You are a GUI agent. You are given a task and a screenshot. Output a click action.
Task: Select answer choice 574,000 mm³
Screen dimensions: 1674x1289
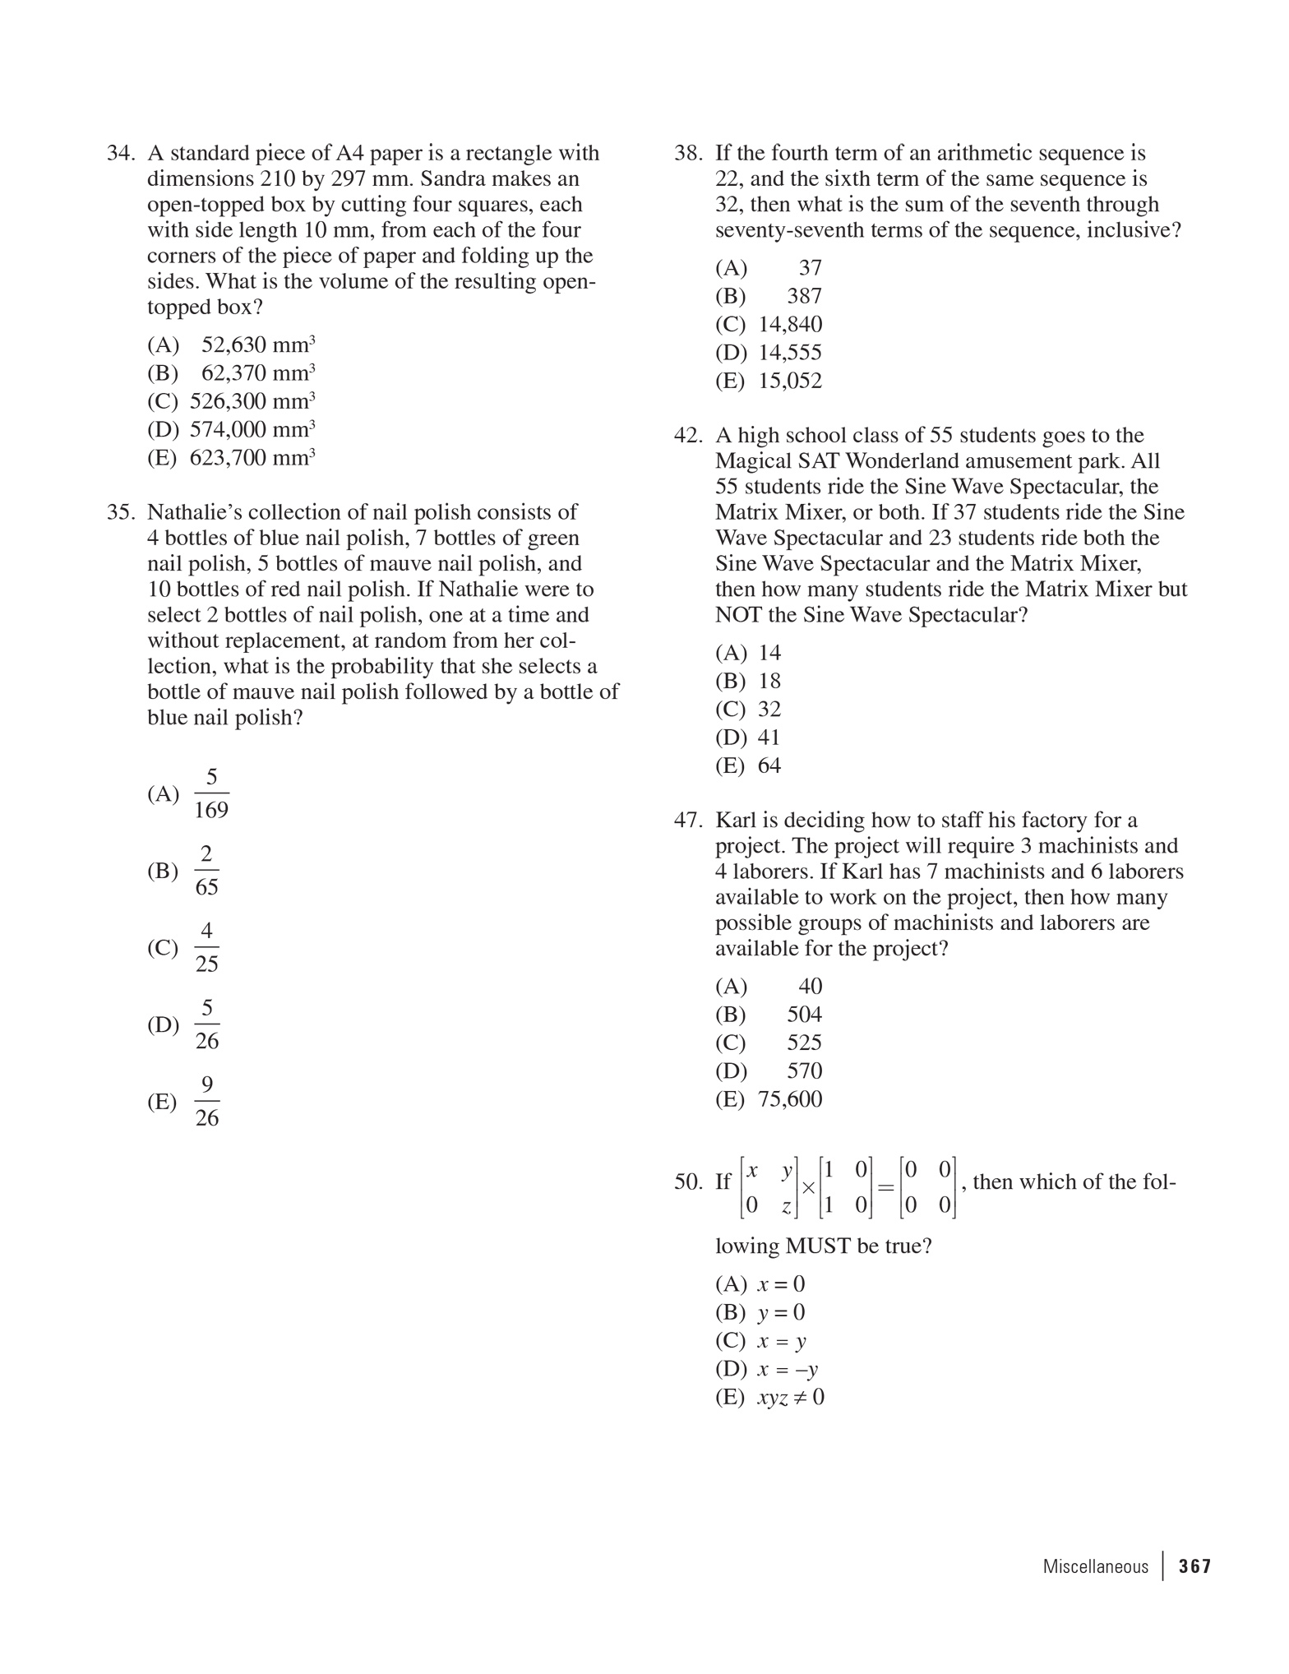tap(252, 429)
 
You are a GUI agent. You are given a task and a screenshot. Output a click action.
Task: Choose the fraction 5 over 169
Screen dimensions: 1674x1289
tap(211, 794)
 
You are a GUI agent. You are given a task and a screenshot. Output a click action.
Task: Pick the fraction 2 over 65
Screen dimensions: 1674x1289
tap(207, 871)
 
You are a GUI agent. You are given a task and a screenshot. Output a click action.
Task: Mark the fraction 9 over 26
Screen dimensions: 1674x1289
tap(207, 1102)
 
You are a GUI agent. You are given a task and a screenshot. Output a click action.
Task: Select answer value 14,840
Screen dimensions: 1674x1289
tap(789, 325)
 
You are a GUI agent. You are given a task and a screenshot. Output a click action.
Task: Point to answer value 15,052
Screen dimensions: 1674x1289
tap(789, 382)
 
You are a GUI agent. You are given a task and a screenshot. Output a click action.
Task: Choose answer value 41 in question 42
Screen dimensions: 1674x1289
tap(769, 738)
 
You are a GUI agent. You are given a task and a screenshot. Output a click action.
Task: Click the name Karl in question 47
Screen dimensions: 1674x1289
tap(736, 821)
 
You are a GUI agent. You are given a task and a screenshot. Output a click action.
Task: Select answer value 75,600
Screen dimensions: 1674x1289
tap(789, 1099)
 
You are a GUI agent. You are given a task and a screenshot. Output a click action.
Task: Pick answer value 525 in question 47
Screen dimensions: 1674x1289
tap(804, 1043)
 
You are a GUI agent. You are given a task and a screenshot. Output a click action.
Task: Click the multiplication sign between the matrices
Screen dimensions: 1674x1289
tap(808, 1188)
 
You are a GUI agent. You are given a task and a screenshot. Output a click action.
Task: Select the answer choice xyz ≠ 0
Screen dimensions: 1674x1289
tap(790, 1398)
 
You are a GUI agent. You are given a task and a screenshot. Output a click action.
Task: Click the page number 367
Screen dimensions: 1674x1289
tap(1194, 1566)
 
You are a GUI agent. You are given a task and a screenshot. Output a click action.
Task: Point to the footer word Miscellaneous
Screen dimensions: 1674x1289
tap(1095, 1566)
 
